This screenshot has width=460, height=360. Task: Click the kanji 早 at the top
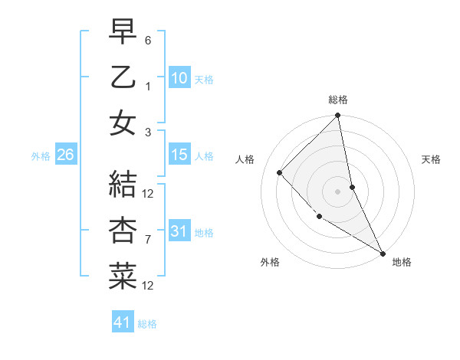coord(123,31)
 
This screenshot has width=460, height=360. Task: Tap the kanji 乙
coord(123,77)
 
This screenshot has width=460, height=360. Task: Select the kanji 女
coord(123,123)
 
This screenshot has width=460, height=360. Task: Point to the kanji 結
coord(123,185)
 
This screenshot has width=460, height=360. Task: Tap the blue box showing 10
coord(179,77)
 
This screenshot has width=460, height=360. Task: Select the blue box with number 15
coord(179,155)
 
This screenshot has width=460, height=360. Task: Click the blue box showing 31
coord(179,231)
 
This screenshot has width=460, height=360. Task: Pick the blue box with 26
coord(65,155)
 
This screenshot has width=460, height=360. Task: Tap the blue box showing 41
coord(123,322)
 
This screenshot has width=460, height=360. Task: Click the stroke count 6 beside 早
coord(148,39)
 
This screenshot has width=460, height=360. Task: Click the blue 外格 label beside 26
coord(41,155)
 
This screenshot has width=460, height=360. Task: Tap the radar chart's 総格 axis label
coord(337,100)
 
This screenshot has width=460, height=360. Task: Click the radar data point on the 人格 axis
coord(280,172)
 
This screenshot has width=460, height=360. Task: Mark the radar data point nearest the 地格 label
coord(383,253)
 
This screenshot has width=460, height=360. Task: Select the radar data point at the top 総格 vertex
coord(337,116)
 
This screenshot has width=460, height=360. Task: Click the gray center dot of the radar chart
coord(337,191)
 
